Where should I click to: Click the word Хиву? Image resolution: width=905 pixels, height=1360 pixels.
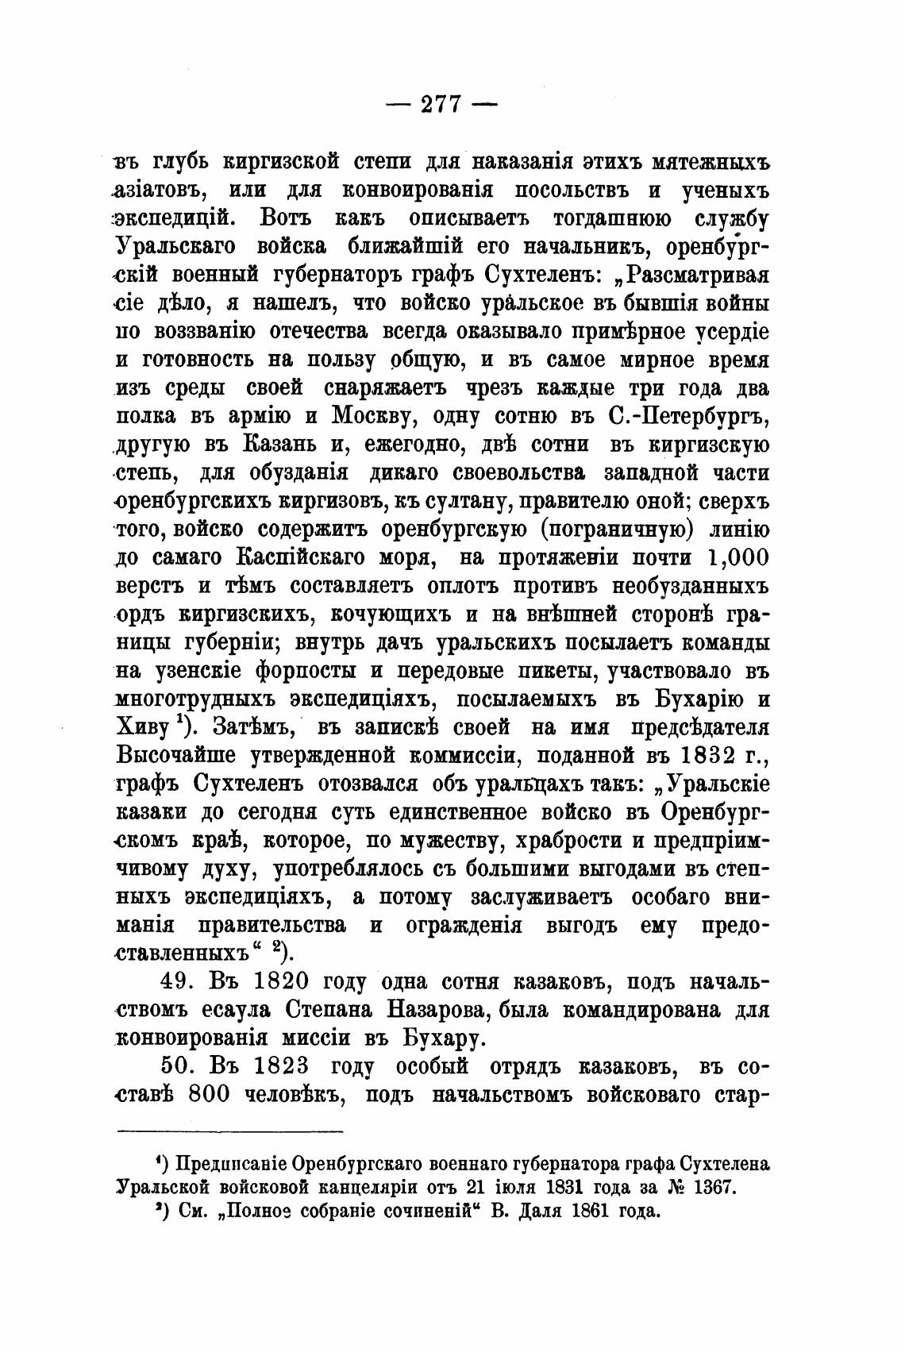coord(144,729)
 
